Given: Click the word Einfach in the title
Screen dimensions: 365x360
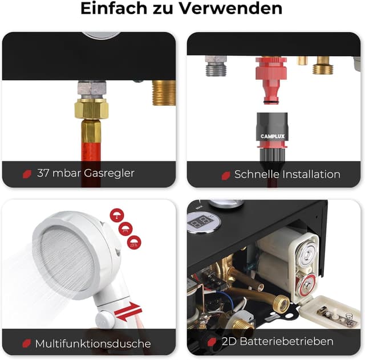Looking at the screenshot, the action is (114, 9).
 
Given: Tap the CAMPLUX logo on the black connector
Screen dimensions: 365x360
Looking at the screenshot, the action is (273, 136).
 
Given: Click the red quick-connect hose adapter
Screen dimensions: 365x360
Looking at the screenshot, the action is (271, 80).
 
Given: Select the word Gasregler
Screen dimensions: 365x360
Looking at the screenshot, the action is (109, 173).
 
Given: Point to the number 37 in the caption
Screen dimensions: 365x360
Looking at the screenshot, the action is (43, 173).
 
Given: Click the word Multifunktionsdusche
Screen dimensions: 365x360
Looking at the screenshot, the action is (93, 343).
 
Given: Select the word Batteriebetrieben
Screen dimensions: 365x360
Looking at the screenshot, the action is (286, 341).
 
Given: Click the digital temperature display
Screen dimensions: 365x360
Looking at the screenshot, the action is (201, 222).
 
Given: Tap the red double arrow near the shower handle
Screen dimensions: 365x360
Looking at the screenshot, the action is (128, 312).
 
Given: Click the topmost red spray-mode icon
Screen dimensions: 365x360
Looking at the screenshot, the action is (117, 215).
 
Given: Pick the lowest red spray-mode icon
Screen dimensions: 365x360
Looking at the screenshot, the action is (134, 243).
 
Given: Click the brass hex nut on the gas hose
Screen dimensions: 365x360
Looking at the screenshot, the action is (91, 109).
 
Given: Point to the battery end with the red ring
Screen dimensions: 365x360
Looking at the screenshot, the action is (306, 285).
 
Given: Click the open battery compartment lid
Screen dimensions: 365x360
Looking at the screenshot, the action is (330, 312).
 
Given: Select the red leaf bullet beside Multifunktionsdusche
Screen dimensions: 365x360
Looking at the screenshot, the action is (27, 343).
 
